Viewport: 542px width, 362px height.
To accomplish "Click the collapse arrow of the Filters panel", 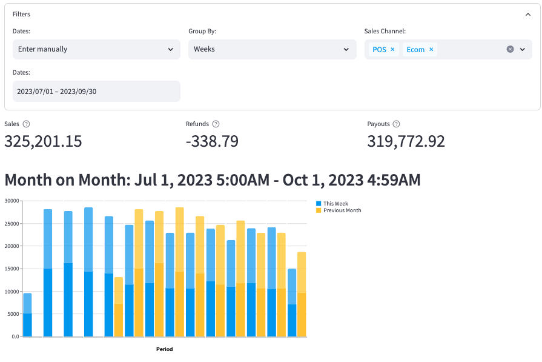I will tap(528, 14).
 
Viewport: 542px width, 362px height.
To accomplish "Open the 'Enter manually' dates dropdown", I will tap(96, 49).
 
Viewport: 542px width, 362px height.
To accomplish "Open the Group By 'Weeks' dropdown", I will tap(272, 49).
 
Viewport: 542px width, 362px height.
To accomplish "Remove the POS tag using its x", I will tap(392, 49).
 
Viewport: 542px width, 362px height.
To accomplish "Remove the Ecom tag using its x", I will tap(431, 49).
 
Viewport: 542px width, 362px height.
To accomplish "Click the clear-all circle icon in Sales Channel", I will tap(510, 49).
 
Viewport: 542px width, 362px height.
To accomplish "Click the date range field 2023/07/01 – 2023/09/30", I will tap(96, 91).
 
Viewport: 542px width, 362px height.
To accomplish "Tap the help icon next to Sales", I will tap(26, 124).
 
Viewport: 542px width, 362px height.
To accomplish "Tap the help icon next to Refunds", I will tap(216, 124).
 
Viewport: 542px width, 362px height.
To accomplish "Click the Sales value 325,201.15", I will tap(43, 141).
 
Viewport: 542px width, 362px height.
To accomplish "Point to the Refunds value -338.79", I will tap(212, 141).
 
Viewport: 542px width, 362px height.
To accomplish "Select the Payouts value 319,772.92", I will tap(406, 141).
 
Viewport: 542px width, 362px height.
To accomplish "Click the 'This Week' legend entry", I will tap(335, 204).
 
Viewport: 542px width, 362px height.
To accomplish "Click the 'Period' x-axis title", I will tap(164, 349).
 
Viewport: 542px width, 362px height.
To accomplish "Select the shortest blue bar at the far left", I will tap(27, 315).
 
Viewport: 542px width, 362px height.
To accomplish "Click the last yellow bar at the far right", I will tap(302, 297).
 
